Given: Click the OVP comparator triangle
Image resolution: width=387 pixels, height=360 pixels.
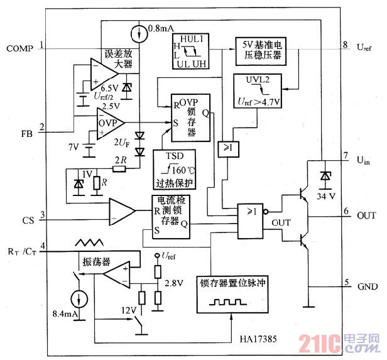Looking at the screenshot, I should (111, 121).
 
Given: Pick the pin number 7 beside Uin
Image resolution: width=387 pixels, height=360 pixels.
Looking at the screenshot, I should (345, 155).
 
